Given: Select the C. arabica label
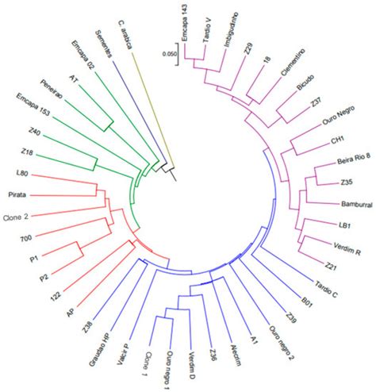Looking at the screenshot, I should pyautogui.click(x=125, y=33).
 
